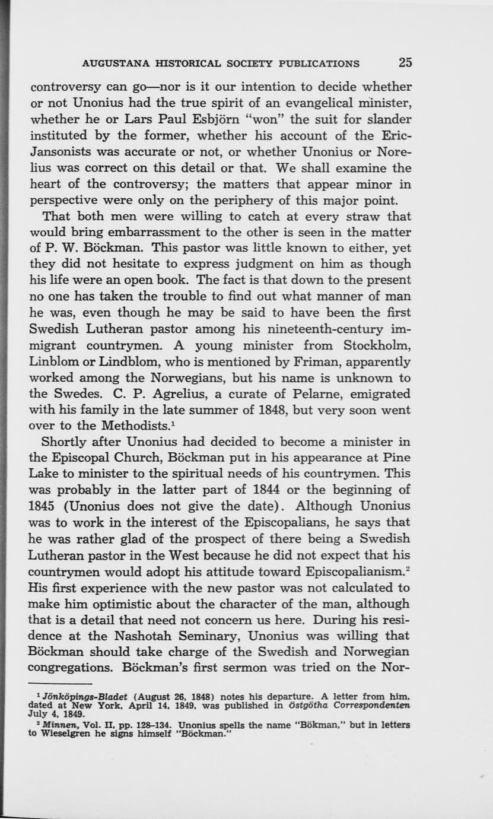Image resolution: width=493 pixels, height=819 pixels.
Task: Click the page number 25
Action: tap(405, 62)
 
